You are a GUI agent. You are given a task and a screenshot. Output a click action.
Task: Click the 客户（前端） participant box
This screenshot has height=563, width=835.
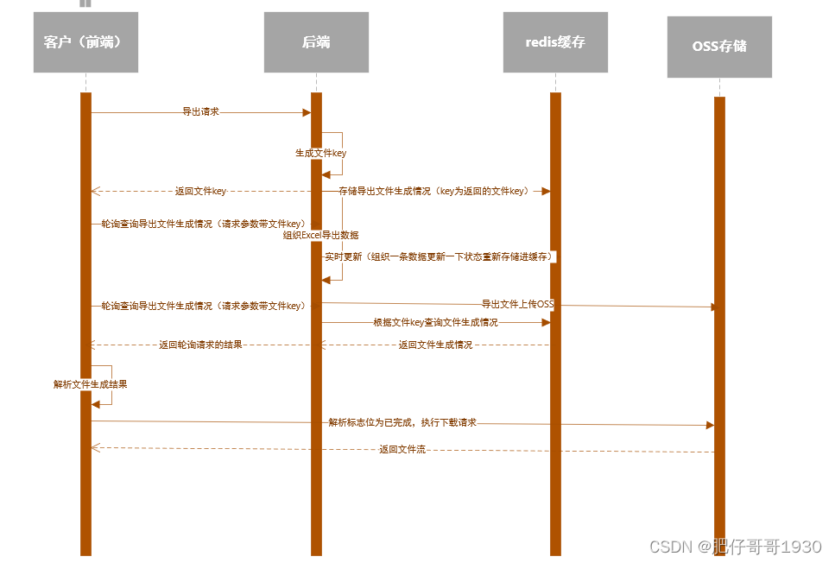[85, 42]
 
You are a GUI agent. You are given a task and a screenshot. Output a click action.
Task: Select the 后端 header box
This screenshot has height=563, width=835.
[316, 42]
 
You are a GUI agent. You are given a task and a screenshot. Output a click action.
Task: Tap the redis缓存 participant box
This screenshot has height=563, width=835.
[555, 42]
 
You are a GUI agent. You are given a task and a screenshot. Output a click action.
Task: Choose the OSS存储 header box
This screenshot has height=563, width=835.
[719, 47]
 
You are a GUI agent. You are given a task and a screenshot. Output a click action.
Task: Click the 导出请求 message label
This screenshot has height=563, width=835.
[200, 112]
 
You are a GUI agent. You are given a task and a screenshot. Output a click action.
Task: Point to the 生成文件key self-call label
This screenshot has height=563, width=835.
[320, 153]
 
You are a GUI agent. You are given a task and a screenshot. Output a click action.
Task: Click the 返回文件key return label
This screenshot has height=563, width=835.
[200, 191]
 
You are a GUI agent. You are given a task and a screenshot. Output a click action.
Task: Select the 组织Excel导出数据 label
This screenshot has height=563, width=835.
[321, 235]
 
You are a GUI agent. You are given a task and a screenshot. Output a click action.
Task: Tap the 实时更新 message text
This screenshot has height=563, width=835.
[438, 256]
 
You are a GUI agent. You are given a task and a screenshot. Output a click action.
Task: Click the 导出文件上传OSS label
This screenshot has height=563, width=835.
[517, 304]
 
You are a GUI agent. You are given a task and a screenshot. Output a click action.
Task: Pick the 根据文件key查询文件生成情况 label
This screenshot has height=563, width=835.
[435, 322]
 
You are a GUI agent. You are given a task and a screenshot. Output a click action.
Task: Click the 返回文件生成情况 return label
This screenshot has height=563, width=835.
[435, 345]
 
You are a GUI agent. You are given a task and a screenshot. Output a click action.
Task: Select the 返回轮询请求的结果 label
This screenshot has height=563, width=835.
[200, 345]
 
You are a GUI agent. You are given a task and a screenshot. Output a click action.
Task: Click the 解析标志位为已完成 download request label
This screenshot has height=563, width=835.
[402, 423]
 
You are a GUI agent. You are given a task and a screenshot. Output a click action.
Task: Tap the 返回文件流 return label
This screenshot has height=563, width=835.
[402, 449]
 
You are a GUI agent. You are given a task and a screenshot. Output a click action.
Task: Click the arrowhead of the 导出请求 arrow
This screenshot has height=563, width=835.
[306, 112]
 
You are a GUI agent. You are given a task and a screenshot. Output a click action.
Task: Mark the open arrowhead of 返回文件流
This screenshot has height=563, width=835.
[95, 447]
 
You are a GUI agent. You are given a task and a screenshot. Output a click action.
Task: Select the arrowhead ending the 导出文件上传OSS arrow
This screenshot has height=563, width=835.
[713, 307]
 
